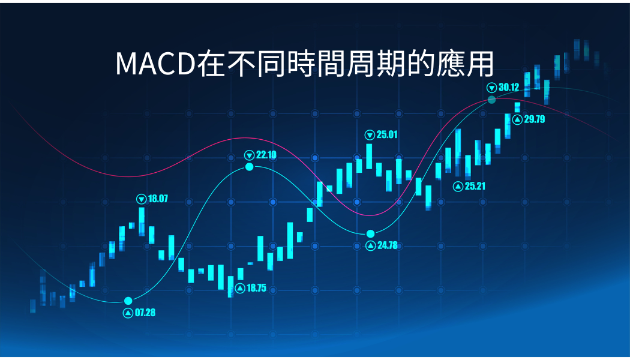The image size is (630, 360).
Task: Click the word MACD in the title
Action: point(156,64)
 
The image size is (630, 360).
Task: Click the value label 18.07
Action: point(158,199)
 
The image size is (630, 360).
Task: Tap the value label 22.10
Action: point(266,155)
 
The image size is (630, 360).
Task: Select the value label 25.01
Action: point(387,134)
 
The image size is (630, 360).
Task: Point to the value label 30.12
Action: point(509,87)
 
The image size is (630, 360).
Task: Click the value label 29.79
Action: point(535,119)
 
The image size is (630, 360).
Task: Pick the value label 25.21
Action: point(475,186)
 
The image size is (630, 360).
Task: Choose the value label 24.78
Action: point(388,245)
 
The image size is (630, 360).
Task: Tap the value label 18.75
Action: point(256,288)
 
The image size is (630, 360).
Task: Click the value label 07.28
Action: point(145,313)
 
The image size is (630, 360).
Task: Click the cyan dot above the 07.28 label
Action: point(128,301)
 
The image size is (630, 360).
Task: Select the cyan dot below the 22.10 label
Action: point(250,167)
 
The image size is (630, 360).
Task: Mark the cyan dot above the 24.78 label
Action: point(370,234)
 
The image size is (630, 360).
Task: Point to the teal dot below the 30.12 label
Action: point(492,100)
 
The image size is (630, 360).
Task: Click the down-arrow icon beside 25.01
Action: point(370,135)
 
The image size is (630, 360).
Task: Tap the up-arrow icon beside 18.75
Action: point(240,289)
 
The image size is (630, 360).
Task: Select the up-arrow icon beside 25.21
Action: point(458,187)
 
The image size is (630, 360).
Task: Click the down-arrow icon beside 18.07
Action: point(142,199)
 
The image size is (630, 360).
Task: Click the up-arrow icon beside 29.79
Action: point(517,119)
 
